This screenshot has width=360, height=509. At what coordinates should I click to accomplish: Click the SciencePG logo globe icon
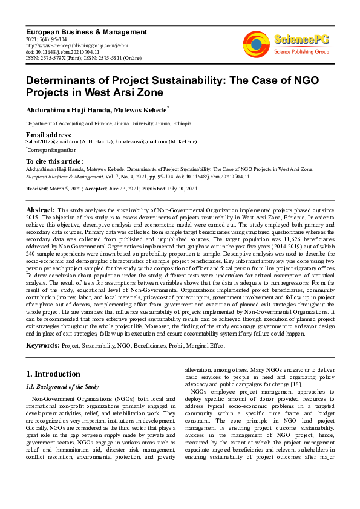click(x=256, y=43)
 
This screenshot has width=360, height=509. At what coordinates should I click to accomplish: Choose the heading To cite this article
click(x=54, y=161)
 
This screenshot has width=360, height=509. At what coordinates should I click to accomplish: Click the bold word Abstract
click(x=41, y=208)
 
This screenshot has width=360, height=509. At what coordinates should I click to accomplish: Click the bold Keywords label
click(x=42, y=345)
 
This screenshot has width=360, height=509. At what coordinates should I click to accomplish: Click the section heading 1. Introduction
click(x=54, y=374)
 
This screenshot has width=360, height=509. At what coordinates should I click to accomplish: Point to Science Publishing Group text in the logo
click(x=302, y=52)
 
